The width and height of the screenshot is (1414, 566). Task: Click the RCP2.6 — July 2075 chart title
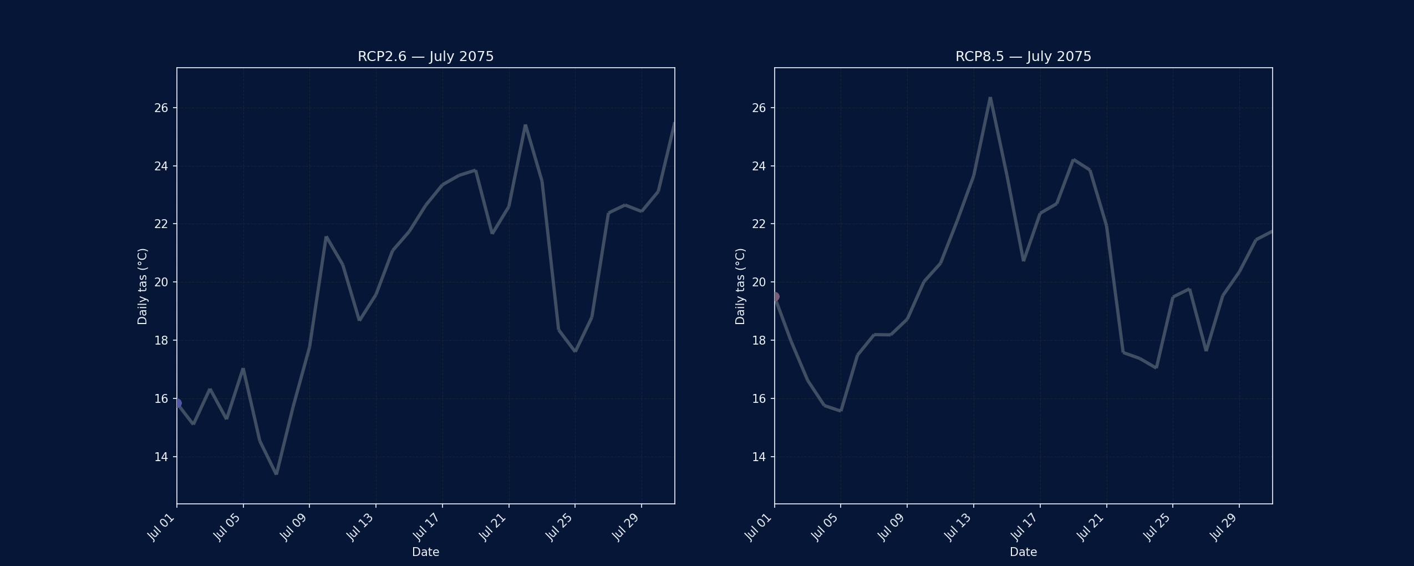click(425, 57)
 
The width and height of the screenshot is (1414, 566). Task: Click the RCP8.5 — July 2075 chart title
click(1023, 57)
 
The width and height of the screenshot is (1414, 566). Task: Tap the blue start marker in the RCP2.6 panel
click(177, 403)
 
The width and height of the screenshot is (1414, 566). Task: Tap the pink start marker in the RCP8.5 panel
click(775, 297)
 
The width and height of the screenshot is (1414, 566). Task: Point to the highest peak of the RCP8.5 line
click(990, 98)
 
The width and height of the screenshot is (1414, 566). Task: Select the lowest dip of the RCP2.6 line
click(276, 473)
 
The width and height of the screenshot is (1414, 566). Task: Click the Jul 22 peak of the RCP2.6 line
click(525, 125)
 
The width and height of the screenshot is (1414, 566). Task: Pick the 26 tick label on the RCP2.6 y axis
click(161, 108)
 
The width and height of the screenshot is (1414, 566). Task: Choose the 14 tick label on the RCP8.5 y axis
click(759, 457)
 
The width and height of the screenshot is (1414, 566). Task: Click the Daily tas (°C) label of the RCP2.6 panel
click(143, 286)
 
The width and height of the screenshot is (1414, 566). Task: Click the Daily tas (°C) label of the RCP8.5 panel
click(740, 286)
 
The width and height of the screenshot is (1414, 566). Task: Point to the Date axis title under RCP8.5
click(1023, 552)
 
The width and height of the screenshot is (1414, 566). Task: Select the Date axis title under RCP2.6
click(425, 552)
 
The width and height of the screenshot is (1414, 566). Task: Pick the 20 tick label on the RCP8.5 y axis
click(759, 282)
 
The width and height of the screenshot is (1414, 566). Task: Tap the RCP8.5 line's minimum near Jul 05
click(841, 411)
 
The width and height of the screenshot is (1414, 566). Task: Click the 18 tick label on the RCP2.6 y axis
click(161, 340)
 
